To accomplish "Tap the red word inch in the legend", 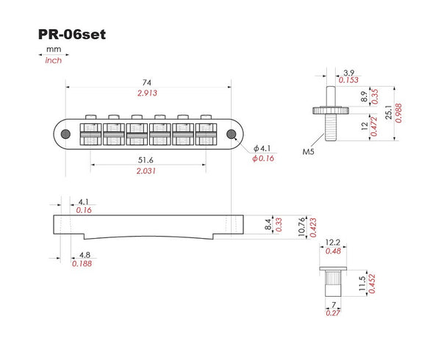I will pyautogui.click(x=53, y=60).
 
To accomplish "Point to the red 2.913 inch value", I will pyautogui.click(x=150, y=93).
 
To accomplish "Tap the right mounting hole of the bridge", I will pyautogui.click(x=233, y=134).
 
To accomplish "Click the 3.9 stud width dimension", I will pyautogui.click(x=349, y=71).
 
